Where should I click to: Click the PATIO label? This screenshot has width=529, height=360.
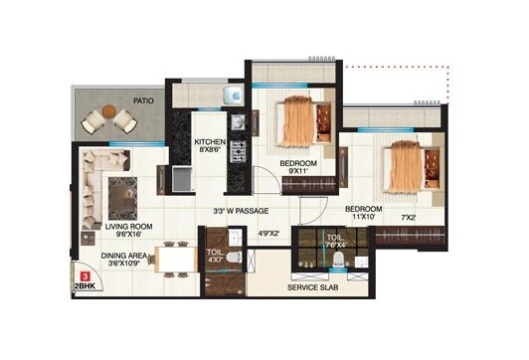click(x=145, y=99)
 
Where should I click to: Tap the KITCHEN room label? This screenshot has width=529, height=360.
click(x=210, y=142)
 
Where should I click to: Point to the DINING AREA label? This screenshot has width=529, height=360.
click(x=130, y=255)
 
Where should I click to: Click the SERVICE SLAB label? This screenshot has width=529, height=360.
click(x=315, y=286)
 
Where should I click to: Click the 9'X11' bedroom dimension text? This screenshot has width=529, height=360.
click(x=297, y=171)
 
